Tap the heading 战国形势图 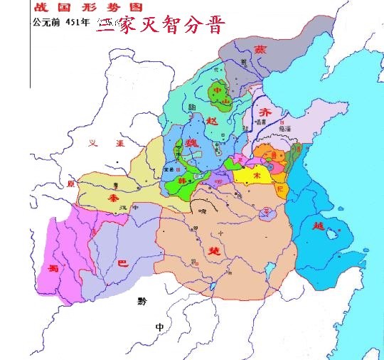(x=63, y=7)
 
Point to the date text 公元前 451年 (x=60, y=21)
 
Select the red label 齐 (x=265, y=112)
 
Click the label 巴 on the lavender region (x=121, y=263)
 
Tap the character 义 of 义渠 (x=92, y=143)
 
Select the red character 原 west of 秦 (x=70, y=182)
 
